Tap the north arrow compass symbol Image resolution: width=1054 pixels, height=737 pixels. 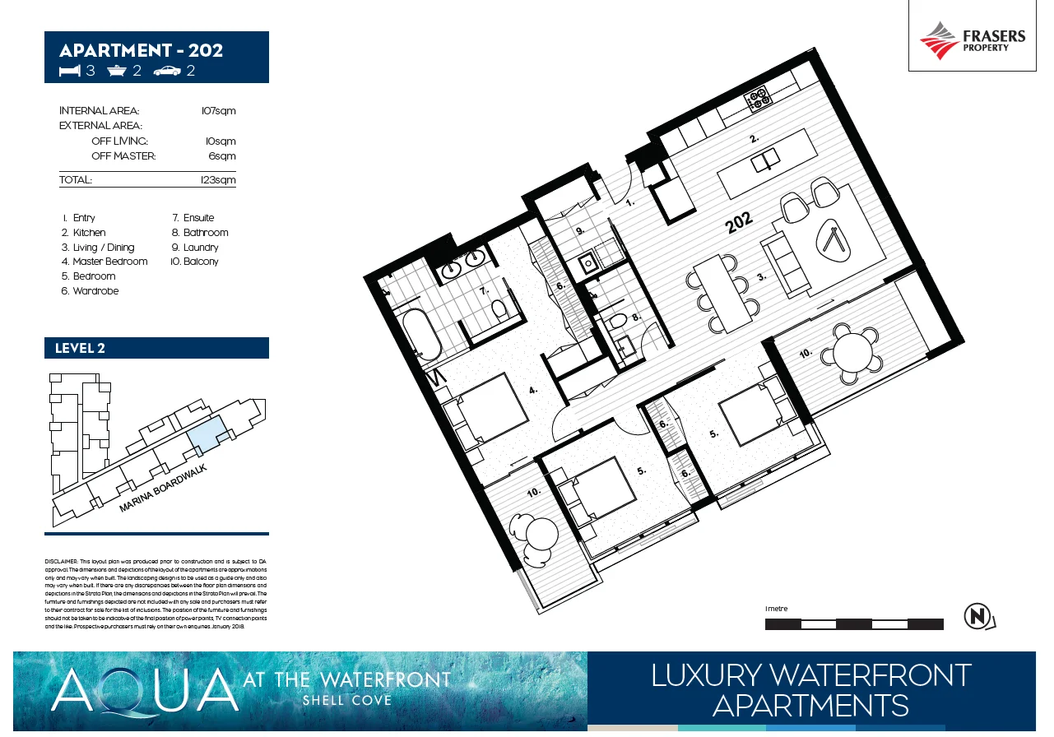[x=978, y=617]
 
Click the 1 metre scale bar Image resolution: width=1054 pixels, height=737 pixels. [x=853, y=624]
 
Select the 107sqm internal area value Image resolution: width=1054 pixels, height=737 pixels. [x=218, y=111]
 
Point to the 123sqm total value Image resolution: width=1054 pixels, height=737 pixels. [x=218, y=179]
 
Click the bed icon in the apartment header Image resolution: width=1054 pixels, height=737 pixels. [x=70, y=72]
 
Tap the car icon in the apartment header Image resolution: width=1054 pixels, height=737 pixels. [x=167, y=72]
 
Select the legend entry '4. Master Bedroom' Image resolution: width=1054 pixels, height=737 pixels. [x=104, y=262]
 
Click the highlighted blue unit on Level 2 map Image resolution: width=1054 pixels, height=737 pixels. [x=206, y=433]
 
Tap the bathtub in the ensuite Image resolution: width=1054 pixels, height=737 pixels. [x=420, y=333]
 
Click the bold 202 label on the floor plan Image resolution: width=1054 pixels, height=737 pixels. [x=739, y=223]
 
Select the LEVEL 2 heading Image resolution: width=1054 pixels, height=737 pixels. [x=80, y=348]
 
